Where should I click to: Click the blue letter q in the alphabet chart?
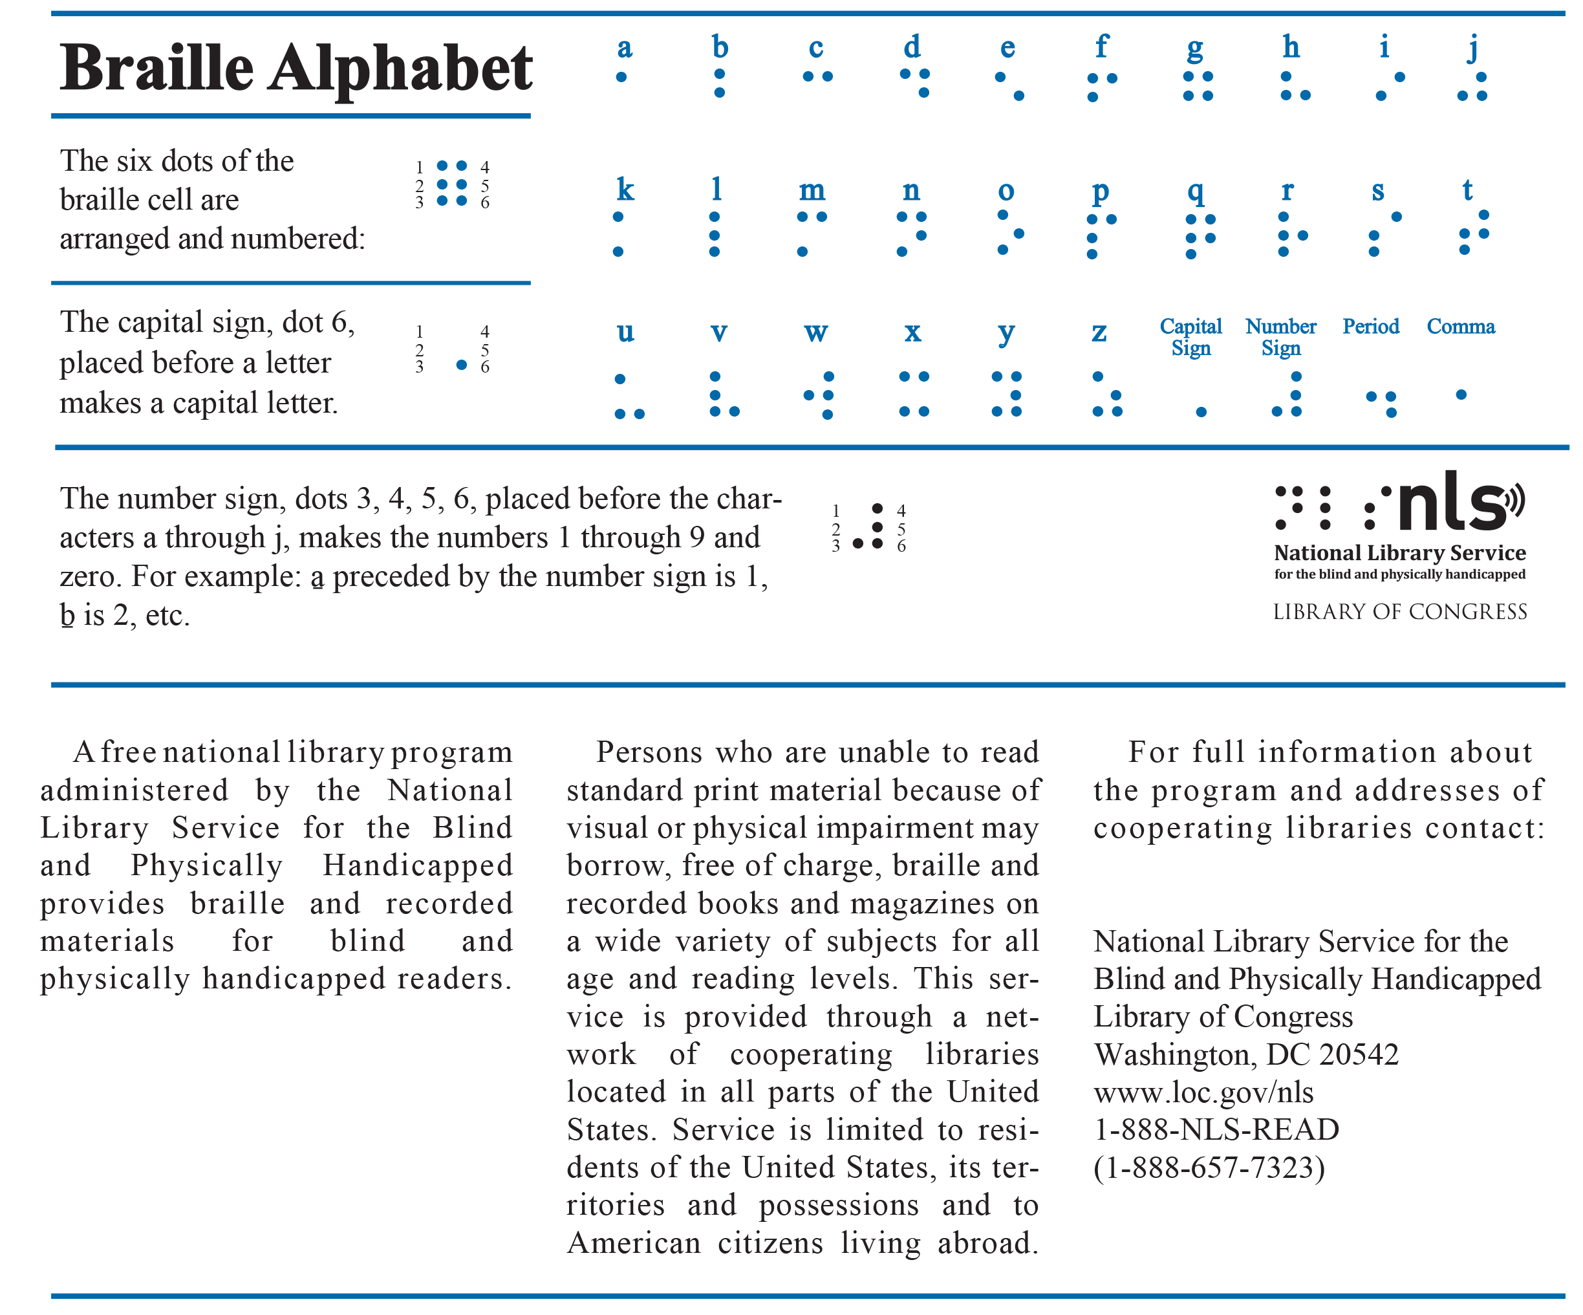tap(1195, 191)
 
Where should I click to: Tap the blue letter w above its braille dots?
tap(815, 332)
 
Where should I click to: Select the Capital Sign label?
tap(1190, 336)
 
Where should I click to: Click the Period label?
tap(1370, 327)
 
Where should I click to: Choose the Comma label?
tap(1460, 327)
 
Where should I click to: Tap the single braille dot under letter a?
tap(621, 77)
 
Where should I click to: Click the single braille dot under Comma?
tap(1461, 395)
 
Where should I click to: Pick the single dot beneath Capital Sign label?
tap(1201, 411)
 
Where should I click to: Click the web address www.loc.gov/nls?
tap(1203, 1092)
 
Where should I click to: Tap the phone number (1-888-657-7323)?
tap(1209, 1168)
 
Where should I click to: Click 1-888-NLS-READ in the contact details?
tap(1216, 1129)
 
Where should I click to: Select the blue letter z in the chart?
tap(1099, 332)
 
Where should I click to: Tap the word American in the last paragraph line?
tap(634, 1243)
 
